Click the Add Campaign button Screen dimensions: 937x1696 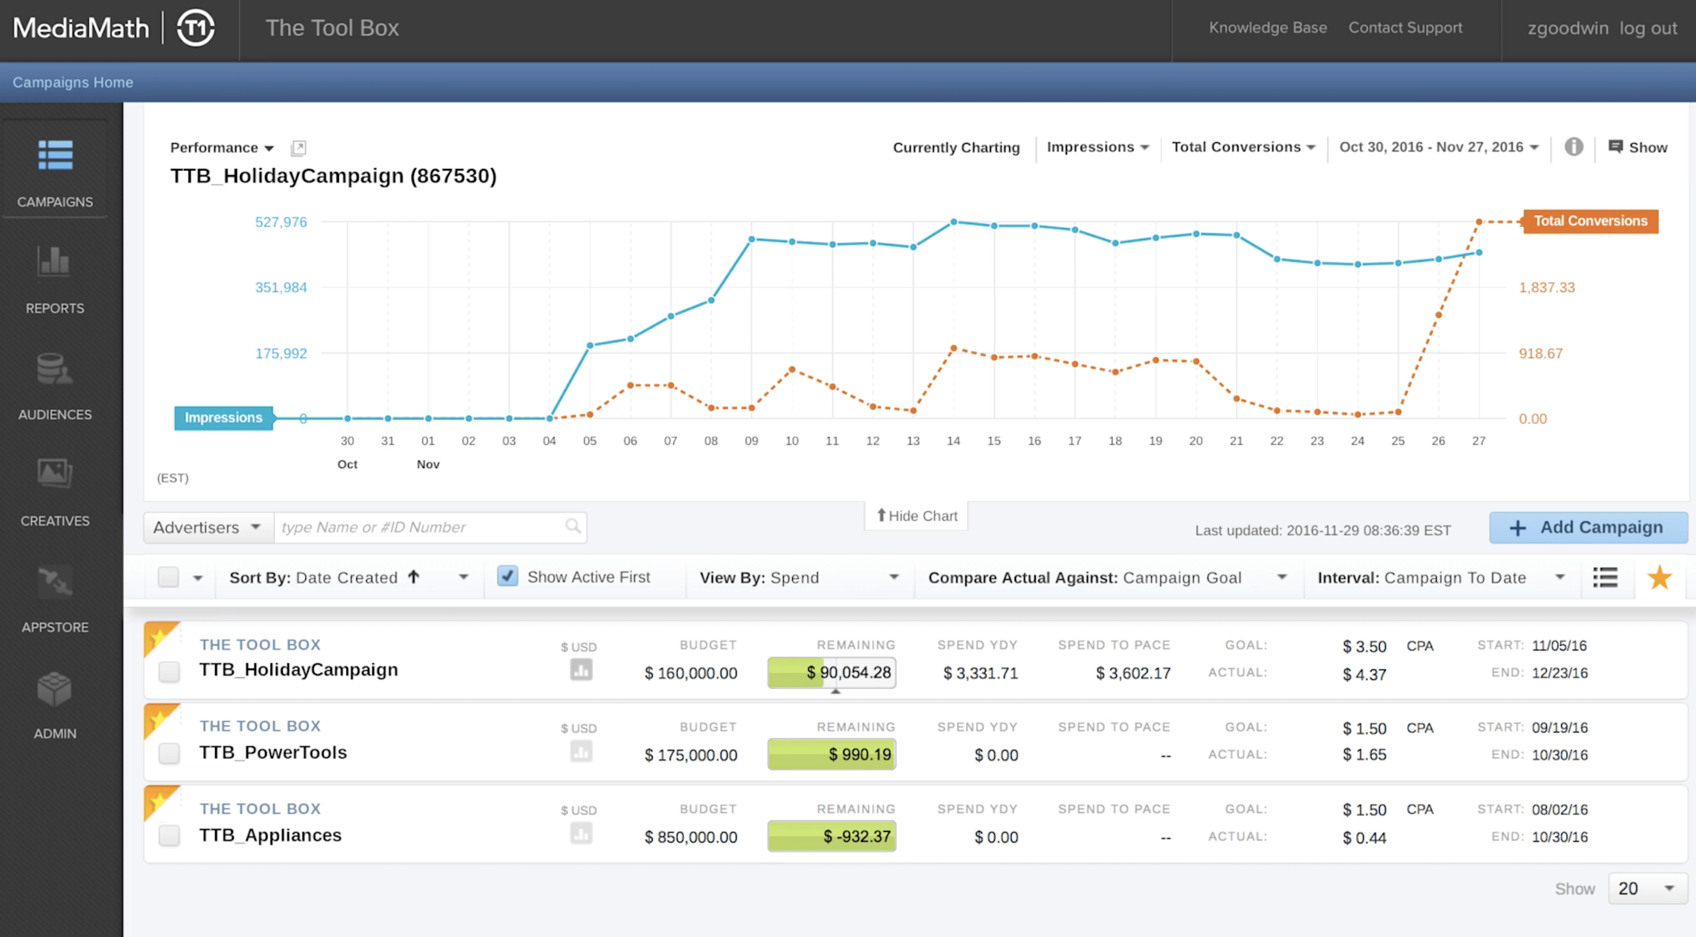1588,527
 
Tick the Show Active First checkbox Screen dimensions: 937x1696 507,576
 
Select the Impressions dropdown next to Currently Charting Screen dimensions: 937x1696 1097,147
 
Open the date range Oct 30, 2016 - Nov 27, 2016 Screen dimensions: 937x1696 1438,147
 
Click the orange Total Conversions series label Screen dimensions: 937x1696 1590,220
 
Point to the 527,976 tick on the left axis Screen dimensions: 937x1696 281,222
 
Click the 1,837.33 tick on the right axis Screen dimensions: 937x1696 1546,287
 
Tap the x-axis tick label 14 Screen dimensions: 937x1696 953,441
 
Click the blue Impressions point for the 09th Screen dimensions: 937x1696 751,239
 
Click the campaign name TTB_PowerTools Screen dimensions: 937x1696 273,752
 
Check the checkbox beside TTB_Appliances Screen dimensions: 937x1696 169,835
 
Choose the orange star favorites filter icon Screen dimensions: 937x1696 1658,577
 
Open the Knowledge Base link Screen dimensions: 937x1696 1267,27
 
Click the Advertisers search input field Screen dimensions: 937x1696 422,527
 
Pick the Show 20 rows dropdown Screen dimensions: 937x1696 1647,888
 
